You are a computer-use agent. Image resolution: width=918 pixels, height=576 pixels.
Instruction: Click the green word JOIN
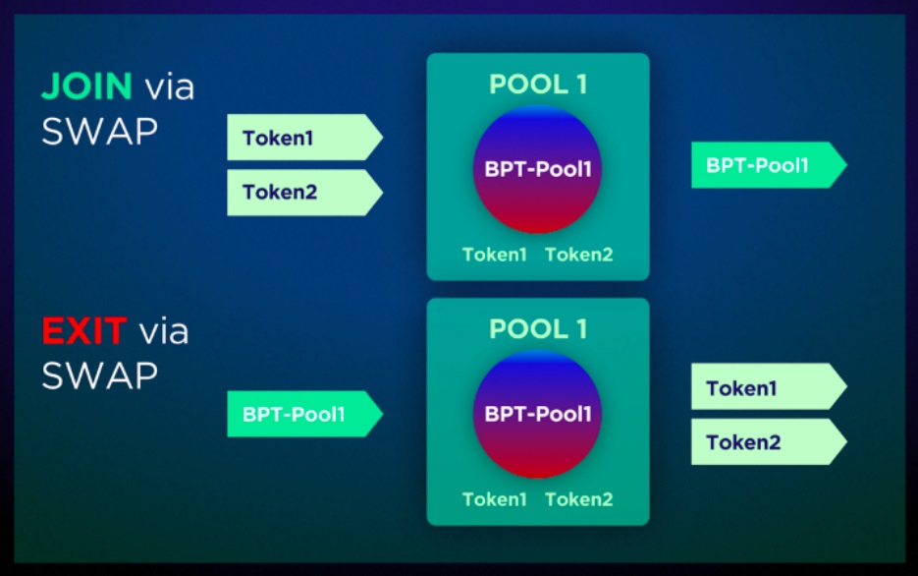[87, 86]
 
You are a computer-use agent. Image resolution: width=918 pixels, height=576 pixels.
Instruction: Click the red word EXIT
[84, 331]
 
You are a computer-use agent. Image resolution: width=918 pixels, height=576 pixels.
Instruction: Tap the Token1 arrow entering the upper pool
[305, 137]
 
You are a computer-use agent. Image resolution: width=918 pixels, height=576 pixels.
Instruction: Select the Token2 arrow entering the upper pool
[305, 193]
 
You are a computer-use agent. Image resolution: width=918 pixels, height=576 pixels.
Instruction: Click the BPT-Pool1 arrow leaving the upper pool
[769, 165]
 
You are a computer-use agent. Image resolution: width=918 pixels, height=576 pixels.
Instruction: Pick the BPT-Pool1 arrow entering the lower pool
[305, 414]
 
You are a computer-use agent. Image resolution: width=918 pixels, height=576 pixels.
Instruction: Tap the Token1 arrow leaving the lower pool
[769, 386]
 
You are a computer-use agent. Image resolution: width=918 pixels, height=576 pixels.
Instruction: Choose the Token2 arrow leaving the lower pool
[769, 441]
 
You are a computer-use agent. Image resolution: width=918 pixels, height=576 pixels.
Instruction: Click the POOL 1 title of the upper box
[538, 84]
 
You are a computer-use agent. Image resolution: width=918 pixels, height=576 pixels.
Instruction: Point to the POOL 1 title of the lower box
[538, 328]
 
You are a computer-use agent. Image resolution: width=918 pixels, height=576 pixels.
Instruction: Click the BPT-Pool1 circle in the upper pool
[537, 169]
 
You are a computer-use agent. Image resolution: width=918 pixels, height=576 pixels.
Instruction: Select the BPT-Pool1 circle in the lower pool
[537, 414]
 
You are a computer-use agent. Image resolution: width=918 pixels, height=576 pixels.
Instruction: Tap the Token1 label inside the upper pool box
[495, 255]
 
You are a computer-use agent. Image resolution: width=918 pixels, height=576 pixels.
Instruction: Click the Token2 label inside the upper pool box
[579, 255]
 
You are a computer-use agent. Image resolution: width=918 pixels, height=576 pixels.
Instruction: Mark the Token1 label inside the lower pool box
[495, 499]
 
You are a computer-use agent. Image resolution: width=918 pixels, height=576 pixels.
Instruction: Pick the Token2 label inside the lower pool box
[579, 499]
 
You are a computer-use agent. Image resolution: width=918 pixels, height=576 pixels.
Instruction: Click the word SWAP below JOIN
[99, 131]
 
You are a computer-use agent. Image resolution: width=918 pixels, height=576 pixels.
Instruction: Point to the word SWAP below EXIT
[99, 375]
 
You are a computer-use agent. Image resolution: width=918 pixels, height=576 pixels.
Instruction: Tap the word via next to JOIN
[170, 87]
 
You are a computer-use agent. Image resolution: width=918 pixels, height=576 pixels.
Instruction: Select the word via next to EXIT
[164, 332]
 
